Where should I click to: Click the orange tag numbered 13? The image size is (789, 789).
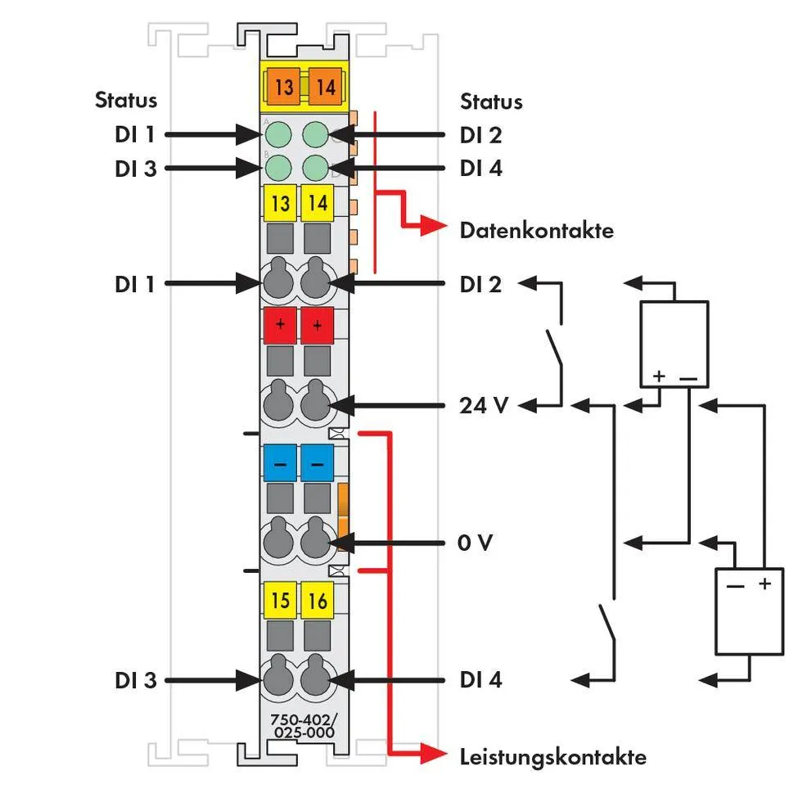coord(283,85)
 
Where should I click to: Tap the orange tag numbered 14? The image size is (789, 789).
coord(326,85)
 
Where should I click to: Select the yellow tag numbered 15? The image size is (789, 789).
coord(280,602)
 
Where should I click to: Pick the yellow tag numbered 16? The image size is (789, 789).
coord(318,602)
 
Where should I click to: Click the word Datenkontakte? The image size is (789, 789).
coord(536,230)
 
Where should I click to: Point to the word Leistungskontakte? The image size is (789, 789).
coord(552,756)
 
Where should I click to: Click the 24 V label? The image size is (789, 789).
coord(485,404)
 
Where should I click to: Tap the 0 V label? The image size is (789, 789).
coord(476,543)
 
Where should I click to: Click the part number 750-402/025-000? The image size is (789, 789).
coord(302,726)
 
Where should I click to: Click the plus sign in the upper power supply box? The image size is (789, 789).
coord(660,377)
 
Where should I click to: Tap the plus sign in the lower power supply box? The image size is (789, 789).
coord(765,584)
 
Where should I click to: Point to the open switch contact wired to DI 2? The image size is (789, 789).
coord(555,347)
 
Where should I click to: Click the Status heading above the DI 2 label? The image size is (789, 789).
coord(491,101)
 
